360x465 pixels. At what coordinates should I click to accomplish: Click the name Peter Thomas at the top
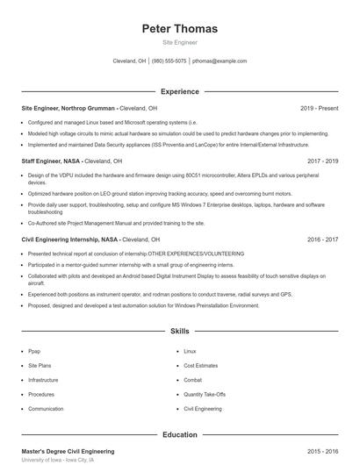click(x=179, y=29)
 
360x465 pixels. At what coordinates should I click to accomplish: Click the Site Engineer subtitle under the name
click(x=179, y=42)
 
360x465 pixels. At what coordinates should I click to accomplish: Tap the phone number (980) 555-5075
click(x=169, y=61)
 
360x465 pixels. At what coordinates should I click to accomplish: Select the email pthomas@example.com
click(x=220, y=61)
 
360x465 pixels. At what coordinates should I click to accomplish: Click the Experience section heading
click(x=179, y=91)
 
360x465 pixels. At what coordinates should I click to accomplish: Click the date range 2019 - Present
click(x=319, y=108)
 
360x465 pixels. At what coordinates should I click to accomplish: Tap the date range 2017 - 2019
click(x=322, y=161)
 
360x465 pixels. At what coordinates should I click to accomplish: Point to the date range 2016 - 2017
click(x=322, y=239)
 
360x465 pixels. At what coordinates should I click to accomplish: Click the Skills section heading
click(x=179, y=332)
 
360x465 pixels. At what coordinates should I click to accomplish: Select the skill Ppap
click(x=34, y=351)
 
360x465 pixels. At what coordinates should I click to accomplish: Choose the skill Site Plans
click(x=40, y=365)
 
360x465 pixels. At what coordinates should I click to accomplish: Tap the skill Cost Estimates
click(x=200, y=365)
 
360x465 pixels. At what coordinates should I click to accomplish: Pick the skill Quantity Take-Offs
click(x=205, y=395)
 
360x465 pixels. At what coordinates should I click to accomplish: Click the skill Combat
click(x=192, y=380)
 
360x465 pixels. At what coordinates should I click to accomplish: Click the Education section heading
click(x=179, y=434)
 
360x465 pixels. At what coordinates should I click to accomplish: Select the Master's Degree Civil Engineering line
click(x=68, y=451)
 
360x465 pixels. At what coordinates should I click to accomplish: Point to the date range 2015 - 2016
click(x=322, y=451)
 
